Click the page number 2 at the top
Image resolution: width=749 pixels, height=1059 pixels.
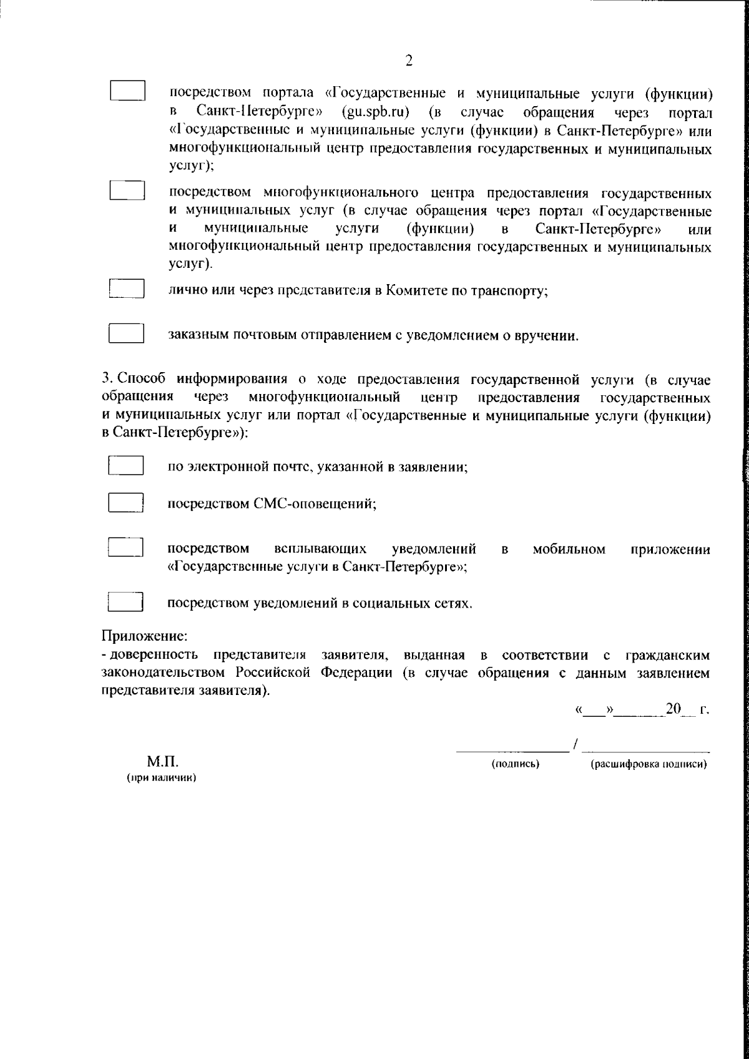click(x=409, y=61)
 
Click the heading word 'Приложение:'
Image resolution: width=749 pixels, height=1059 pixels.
click(x=144, y=637)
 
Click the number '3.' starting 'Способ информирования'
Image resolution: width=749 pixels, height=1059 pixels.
click(x=107, y=379)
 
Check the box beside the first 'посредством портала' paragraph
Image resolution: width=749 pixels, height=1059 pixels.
click(x=128, y=91)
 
